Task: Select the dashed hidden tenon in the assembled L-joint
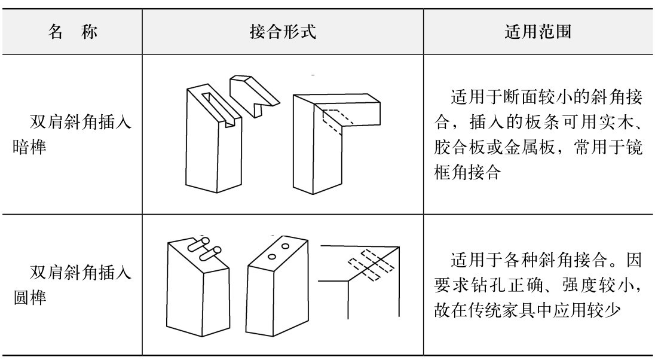click(336, 121)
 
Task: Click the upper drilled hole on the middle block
click(286, 245)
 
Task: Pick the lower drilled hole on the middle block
click(273, 257)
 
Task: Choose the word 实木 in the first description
click(598, 127)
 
